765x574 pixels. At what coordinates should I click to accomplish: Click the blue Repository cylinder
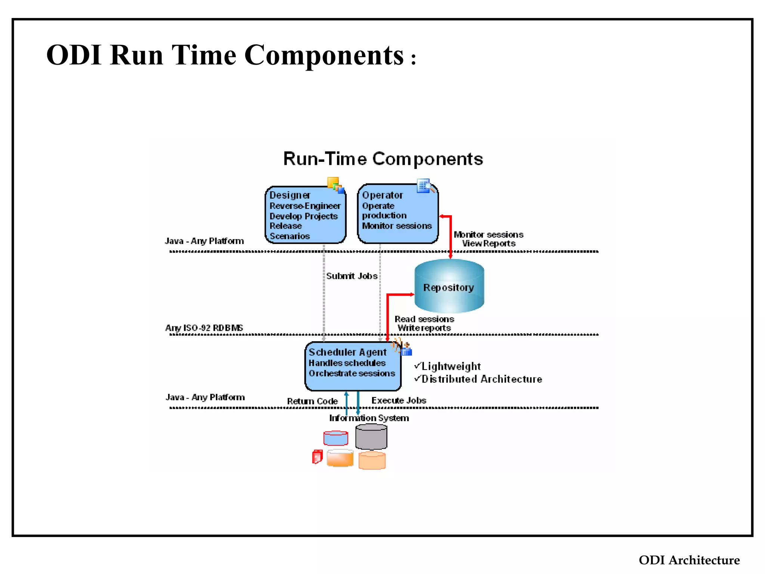click(x=449, y=287)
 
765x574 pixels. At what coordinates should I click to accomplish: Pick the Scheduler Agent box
click(x=353, y=366)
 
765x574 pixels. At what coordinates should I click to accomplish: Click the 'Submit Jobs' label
click(x=351, y=276)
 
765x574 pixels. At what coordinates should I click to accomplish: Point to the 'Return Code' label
click(x=312, y=401)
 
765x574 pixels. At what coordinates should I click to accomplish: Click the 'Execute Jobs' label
click(x=399, y=400)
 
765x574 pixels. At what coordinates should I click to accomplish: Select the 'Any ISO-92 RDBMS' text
click(x=204, y=328)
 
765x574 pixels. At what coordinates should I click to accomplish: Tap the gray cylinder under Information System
click(x=371, y=437)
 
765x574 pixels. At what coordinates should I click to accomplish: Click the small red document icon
click(x=317, y=457)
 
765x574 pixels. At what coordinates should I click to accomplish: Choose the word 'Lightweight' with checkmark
click(x=448, y=366)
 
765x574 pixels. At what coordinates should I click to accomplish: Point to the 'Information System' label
click(x=369, y=418)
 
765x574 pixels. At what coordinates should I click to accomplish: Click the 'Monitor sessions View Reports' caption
click(x=488, y=239)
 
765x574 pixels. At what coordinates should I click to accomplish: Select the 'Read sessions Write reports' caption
click(x=424, y=323)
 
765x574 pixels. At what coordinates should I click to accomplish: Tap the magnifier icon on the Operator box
click(x=426, y=186)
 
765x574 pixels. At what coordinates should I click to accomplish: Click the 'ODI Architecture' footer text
click(x=689, y=560)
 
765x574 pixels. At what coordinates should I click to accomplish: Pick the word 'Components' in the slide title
click(x=324, y=55)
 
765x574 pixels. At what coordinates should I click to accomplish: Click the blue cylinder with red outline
click(x=335, y=438)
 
